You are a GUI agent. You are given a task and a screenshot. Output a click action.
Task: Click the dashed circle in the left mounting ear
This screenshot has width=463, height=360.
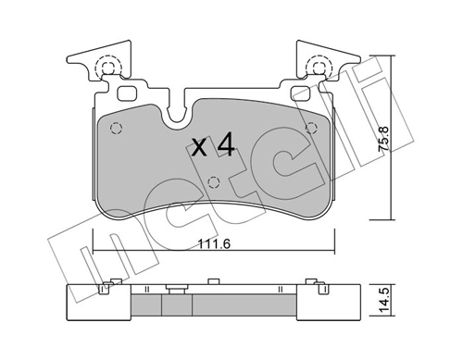(x=106, y=67)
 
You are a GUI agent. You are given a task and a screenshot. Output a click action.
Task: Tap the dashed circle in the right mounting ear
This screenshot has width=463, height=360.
(x=318, y=67)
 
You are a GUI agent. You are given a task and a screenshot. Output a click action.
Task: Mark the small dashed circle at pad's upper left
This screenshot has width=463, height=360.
(x=115, y=128)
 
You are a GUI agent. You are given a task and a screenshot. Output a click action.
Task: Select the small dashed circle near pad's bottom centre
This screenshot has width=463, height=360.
(x=213, y=180)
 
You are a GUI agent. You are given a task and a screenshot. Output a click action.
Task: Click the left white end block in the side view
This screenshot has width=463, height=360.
(x=94, y=302)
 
